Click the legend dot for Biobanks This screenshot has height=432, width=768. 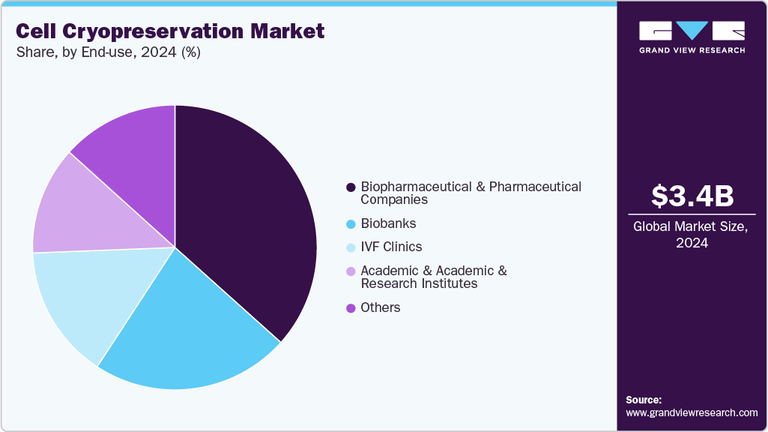coord(350,224)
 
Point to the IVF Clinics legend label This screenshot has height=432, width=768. coord(391,247)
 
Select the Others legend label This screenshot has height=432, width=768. coord(380,307)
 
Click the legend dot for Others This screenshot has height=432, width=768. coord(350,307)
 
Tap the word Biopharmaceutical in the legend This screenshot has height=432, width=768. coord(417,187)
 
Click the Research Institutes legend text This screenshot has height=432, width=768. coord(419,283)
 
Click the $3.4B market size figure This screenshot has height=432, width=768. coord(692,196)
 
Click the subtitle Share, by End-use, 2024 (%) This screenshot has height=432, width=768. coord(108,52)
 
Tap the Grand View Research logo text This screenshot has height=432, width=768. coord(692,50)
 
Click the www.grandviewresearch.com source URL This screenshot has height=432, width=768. coord(692,412)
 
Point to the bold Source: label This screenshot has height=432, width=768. coord(644,400)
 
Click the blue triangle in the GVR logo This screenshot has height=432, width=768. coord(692,30)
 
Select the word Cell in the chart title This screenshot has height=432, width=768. coord(35,31)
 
